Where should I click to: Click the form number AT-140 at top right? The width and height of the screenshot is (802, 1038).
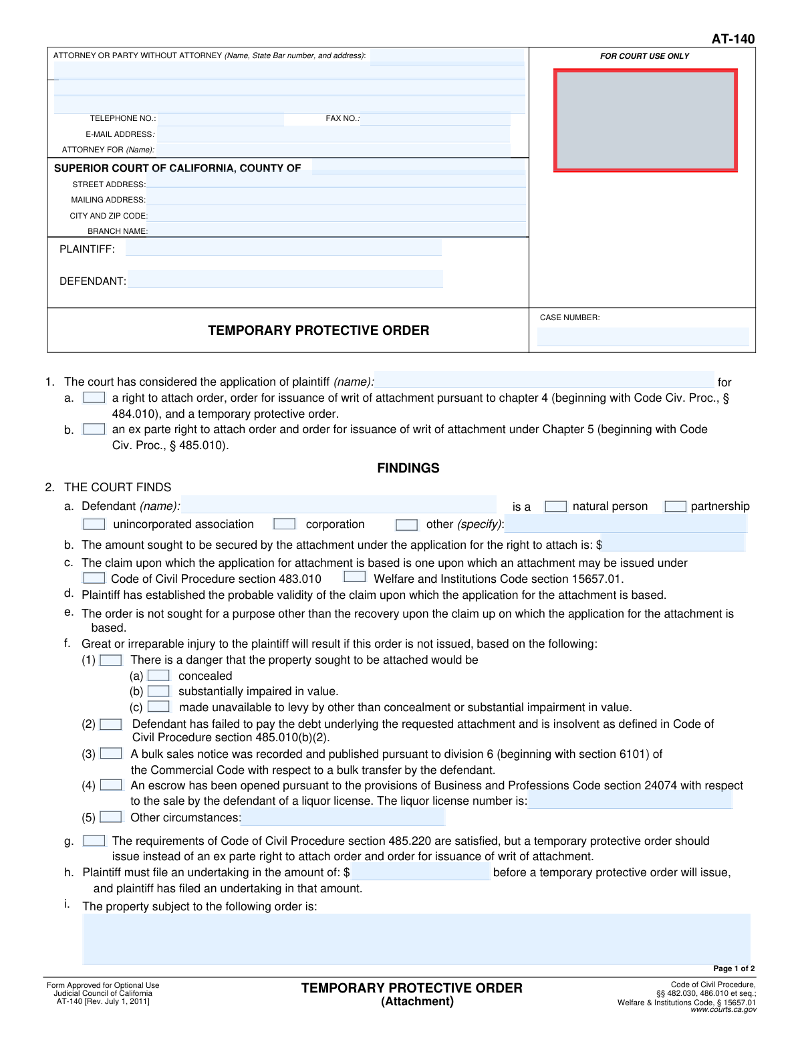point(732,39)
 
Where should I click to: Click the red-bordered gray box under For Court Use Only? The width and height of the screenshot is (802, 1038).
point(645,120)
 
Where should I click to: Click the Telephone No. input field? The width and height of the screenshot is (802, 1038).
point(221,119)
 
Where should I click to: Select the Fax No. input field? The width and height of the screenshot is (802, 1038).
point(435,119)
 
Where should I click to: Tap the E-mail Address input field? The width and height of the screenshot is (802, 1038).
point(333,134)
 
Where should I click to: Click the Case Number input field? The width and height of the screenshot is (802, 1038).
point(643,336)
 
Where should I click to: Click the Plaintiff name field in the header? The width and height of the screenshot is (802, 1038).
point(283,249)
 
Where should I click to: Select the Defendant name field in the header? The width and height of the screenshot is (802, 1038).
point(285,280)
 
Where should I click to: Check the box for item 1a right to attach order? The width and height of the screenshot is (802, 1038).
point(94,398)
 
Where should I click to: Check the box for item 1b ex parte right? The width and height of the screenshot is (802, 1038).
point(94,429)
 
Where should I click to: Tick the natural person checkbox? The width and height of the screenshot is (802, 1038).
point(555,507)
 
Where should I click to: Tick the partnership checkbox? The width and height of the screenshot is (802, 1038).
point(675,507)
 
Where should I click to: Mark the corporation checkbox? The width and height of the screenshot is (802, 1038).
point(285,524)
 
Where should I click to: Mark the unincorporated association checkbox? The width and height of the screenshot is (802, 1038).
point(94,524)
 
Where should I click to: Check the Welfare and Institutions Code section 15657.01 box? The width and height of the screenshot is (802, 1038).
point(355,577)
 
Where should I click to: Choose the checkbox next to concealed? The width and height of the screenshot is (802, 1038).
point(158,676)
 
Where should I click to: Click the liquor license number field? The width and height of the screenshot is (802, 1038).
point(630,801)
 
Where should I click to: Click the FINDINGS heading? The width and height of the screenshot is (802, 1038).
point(408,469)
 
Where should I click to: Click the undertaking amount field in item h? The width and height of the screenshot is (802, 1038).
point(421,872)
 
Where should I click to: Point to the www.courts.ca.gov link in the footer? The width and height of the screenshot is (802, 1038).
point(723,1010)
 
